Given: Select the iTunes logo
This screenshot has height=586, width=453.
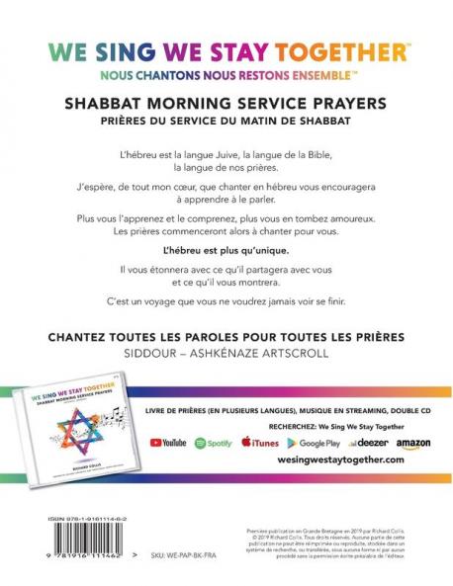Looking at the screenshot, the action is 261,442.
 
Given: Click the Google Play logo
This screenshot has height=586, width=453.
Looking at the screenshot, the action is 313,442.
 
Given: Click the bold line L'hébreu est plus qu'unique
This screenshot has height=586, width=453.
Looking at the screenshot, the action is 226,250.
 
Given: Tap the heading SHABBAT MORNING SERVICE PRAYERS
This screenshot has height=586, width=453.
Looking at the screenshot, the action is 226,102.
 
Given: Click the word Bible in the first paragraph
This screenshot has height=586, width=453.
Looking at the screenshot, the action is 319,156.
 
